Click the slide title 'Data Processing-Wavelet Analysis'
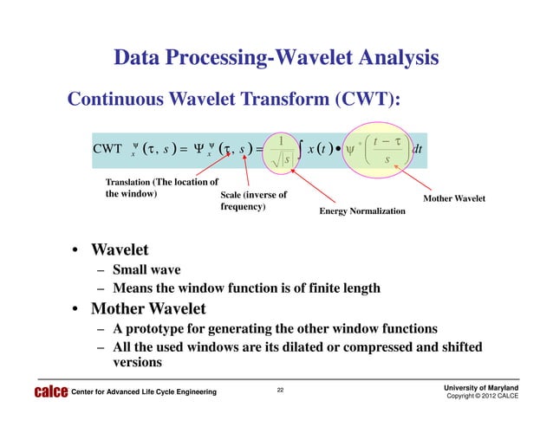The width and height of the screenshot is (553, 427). point(276,58)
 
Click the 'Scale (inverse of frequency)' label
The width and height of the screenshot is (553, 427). point(254,202)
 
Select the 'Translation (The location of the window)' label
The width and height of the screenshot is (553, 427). point(159,188)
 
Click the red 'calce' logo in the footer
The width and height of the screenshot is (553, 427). point(49,393)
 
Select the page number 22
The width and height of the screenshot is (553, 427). point(280,390)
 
